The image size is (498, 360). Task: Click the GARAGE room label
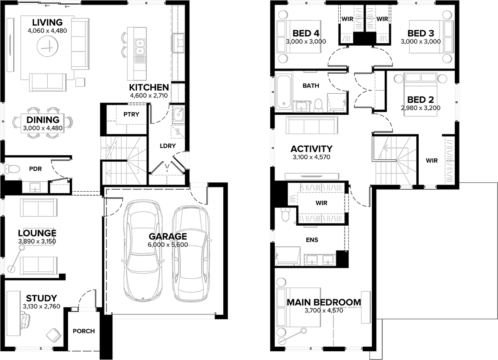coord(168,236)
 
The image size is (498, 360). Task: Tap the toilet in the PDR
coord(12,169)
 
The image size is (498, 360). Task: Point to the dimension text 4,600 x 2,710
coord(149,95)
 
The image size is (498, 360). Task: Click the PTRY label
coord(132,114)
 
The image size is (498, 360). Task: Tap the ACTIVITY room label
coord(312,148)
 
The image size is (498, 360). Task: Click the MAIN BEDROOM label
coord(324,302)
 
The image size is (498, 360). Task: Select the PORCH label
coord(84,331)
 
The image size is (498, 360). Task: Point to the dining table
coord(42,124)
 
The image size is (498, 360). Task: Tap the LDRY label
coord(168,146)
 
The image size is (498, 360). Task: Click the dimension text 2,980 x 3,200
coord(421,108)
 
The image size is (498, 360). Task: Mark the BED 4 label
coord(306,33)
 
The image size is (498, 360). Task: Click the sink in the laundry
coord(178,115)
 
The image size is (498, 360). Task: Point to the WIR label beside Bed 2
coord(432,161)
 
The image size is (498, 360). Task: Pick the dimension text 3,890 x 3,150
coord(37,241)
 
